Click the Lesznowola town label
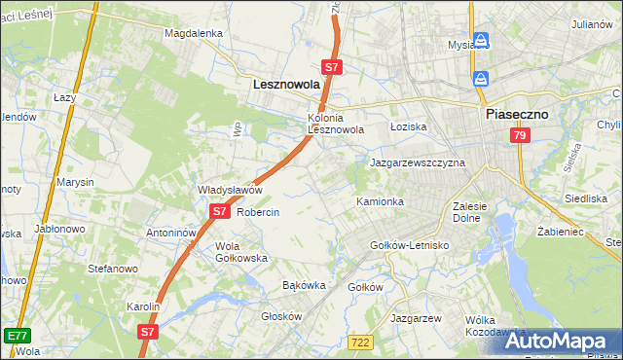point(286,85)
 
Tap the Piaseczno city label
point(517,114)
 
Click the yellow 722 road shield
point(360,341)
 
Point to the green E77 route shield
point(16,336)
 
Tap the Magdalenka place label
point(194,32)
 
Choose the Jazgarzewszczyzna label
point(418,162)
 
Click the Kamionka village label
point(380,201)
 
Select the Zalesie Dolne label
point(476,212)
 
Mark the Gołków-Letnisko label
point(410,245)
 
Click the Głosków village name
point(282,316)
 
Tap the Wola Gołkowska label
point(241,252)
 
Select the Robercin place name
point(258,212)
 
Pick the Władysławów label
point(231,190)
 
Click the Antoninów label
point(171,234)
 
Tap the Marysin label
point(75,182)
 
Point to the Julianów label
point(592,23)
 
